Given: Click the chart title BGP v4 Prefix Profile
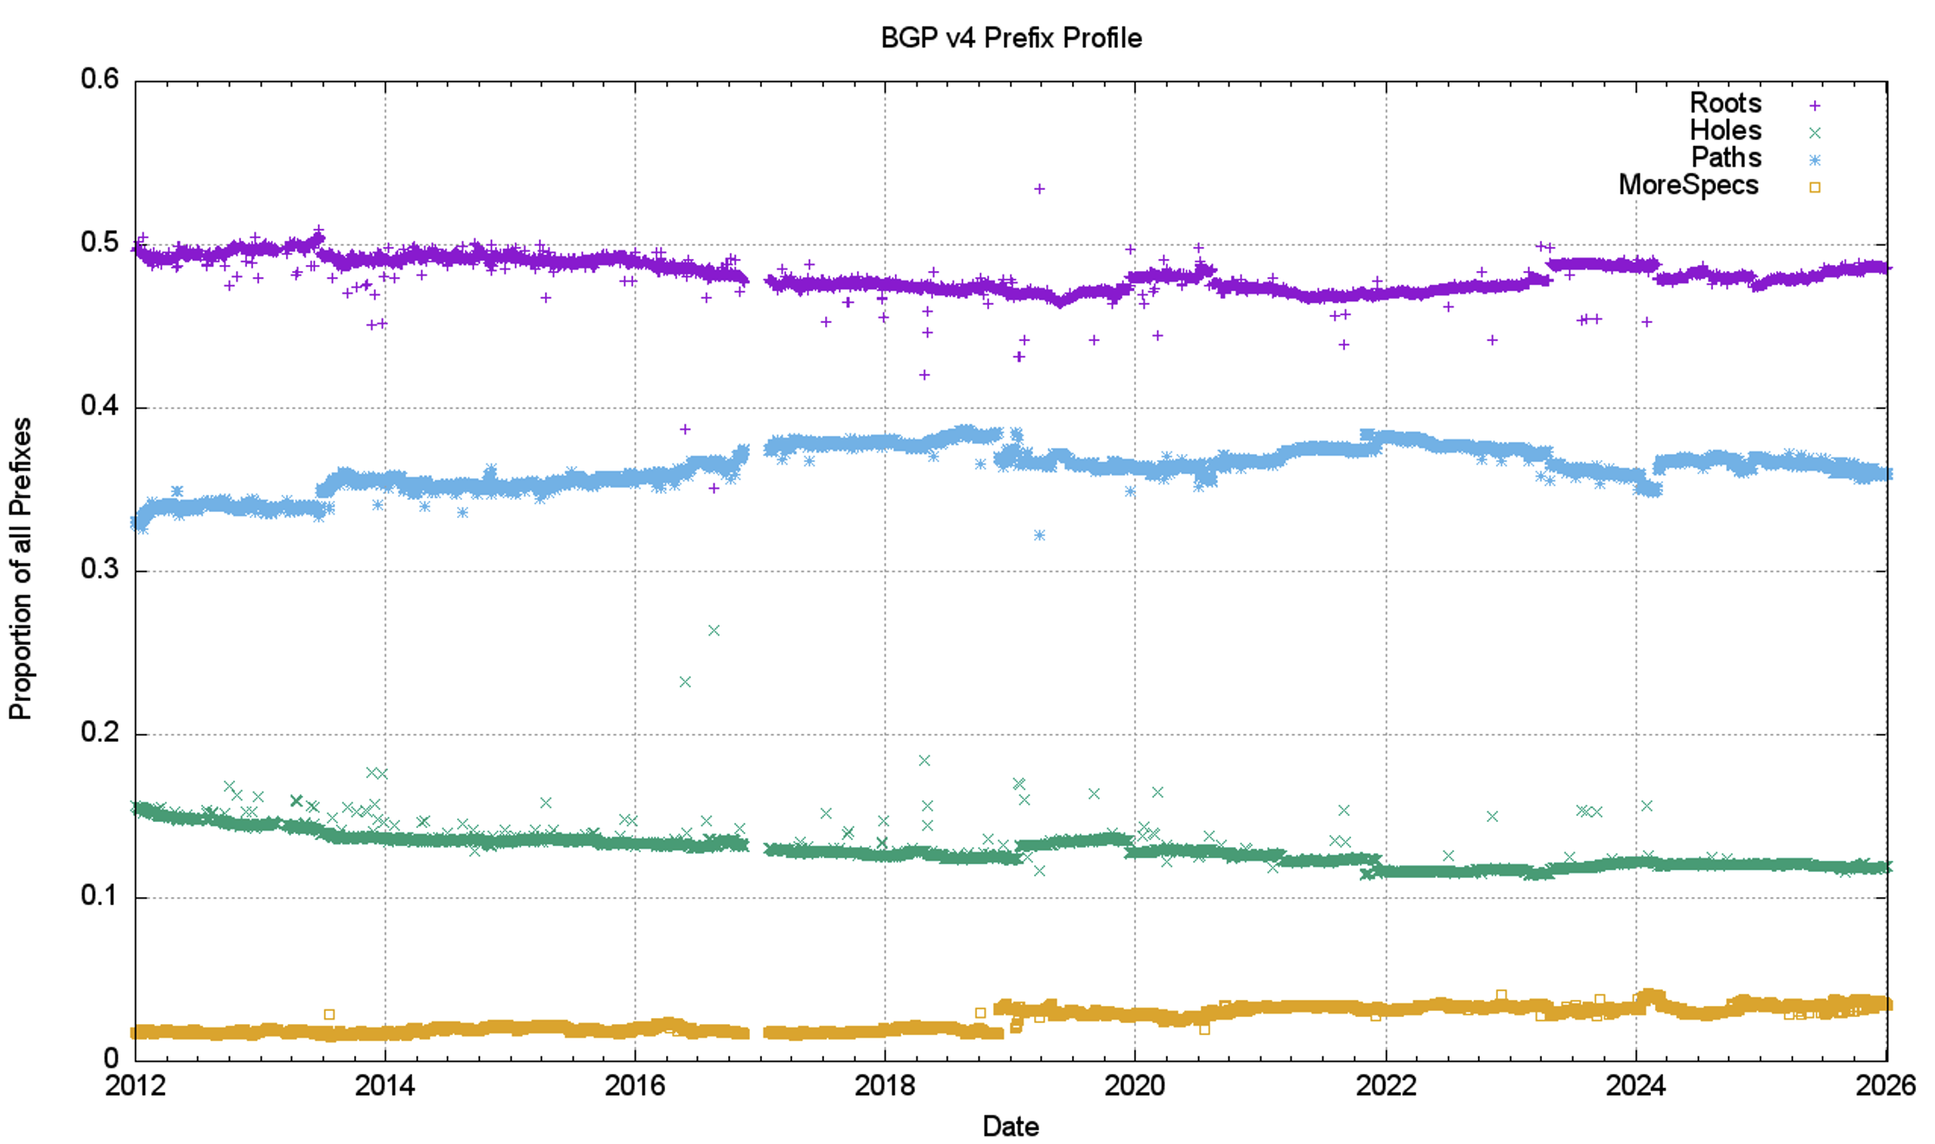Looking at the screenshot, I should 1011,38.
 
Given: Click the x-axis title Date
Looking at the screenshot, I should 1011,1126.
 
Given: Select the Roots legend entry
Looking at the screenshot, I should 1725,104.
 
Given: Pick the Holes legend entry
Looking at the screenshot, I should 1725,131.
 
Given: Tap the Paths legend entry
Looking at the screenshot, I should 1726,158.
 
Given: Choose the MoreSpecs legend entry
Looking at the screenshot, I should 1688,186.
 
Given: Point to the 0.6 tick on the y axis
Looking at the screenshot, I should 100,79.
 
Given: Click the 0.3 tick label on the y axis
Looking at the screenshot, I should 100,570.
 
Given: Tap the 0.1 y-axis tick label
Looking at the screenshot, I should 100,896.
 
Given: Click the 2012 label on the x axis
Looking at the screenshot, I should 135,1085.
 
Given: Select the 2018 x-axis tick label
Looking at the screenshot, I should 885,1085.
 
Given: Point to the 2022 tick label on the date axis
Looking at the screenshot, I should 1386,1085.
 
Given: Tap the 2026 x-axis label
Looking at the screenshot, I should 1886,1085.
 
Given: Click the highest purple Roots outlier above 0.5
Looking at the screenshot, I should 1040,189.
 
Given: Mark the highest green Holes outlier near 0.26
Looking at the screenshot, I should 714,631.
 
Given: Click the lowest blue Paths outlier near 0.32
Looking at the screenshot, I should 1040,535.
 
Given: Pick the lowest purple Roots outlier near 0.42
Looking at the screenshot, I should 924,375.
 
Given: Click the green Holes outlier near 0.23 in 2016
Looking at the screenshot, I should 685,682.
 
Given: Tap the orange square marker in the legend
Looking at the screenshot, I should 1815,187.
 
